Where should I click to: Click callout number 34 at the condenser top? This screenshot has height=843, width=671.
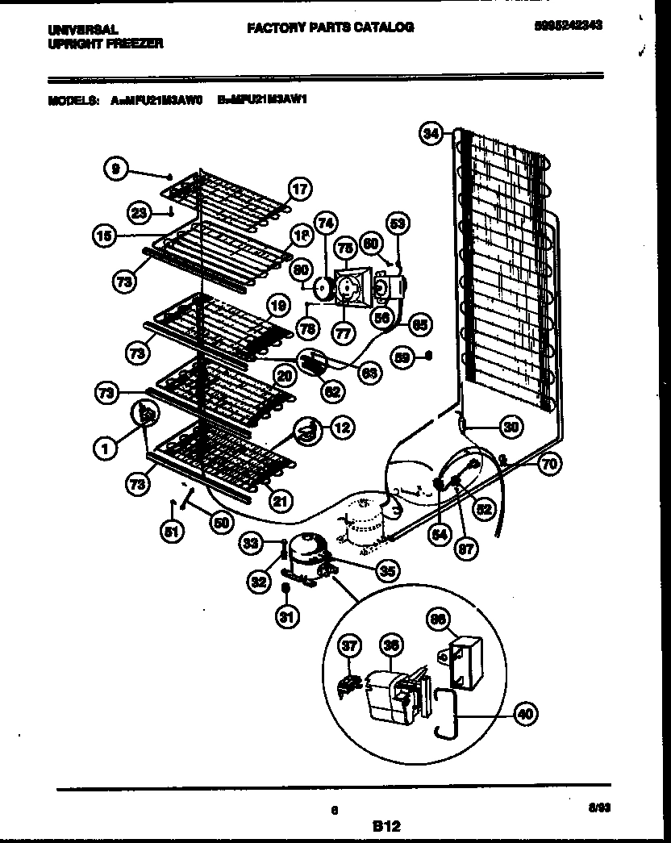pyautogui.click(x=432, y=135)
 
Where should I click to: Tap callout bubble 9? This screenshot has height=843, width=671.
pyautogui.click(x=116, y=169)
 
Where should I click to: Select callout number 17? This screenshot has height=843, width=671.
pyautogui.click(x=299, y=190)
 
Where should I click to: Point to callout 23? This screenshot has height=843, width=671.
pyautogui.click(x=140, y=214)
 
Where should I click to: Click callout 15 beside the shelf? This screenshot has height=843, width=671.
pyautogui.click(x=103, y=236)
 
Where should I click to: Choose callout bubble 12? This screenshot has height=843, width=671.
pyautogui.click(x=342, y=428)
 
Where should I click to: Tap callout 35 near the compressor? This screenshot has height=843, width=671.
pyautogui.click(x=388, y=571)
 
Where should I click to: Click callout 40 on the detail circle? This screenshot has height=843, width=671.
pyautogui.click(x=524, y=713)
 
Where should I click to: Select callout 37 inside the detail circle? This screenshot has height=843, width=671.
pyautogui.click(x=348, y=647)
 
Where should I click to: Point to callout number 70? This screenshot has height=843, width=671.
pyautogui.click(x=550, y=464)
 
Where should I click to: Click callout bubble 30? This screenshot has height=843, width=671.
pyautogui.click(x=510, y=426)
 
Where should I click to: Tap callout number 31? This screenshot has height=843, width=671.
pyautogui.click(x=286, y=617)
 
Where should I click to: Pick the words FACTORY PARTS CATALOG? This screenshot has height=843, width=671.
pyautogui.click(x=330, y=27)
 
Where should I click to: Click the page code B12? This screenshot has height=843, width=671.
pyautogui.click(x=387, y=826)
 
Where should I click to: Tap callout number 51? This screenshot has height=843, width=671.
pyautogui.click(x=171, y=532)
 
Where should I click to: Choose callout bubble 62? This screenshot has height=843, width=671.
pyautogui.click(x=332, y=391)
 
